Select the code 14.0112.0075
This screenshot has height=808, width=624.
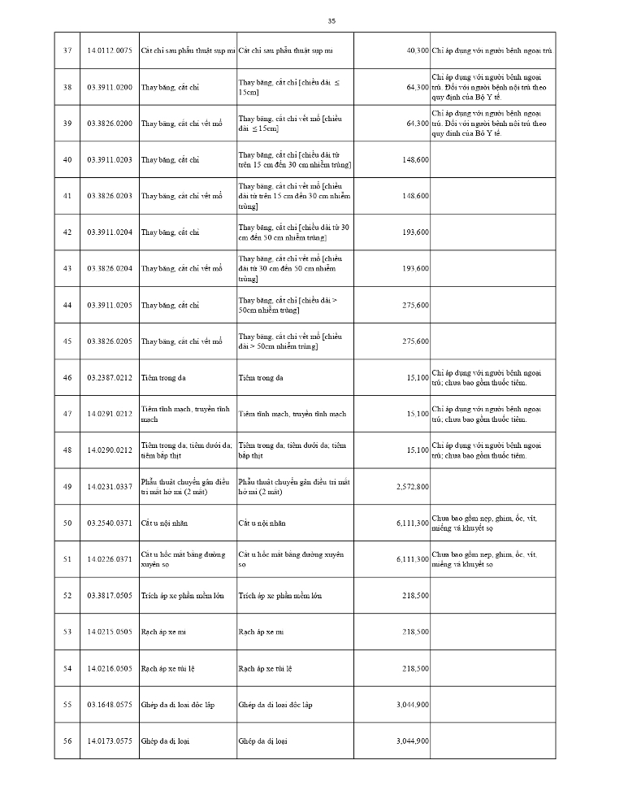[x=109, y=50]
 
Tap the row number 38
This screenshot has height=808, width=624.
[x=67, y=87]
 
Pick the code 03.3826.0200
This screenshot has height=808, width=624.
[x=109, y=124]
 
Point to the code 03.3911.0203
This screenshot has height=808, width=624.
[x=109, y=159]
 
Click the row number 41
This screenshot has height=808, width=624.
[x=67, y=196]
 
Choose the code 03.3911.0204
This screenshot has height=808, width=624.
[x=109, y=232]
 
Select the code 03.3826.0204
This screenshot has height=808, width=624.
[x=109, y=268]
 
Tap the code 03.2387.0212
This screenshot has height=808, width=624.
[x=109, y=378]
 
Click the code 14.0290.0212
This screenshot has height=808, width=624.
[x=109, y=450]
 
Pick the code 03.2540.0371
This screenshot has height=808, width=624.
[x=109, y=523]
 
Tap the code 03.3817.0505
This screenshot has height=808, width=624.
[x=109, y=596]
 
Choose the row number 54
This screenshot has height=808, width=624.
[x=67, y=668]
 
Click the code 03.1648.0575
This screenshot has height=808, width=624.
[x=109, y=705]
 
